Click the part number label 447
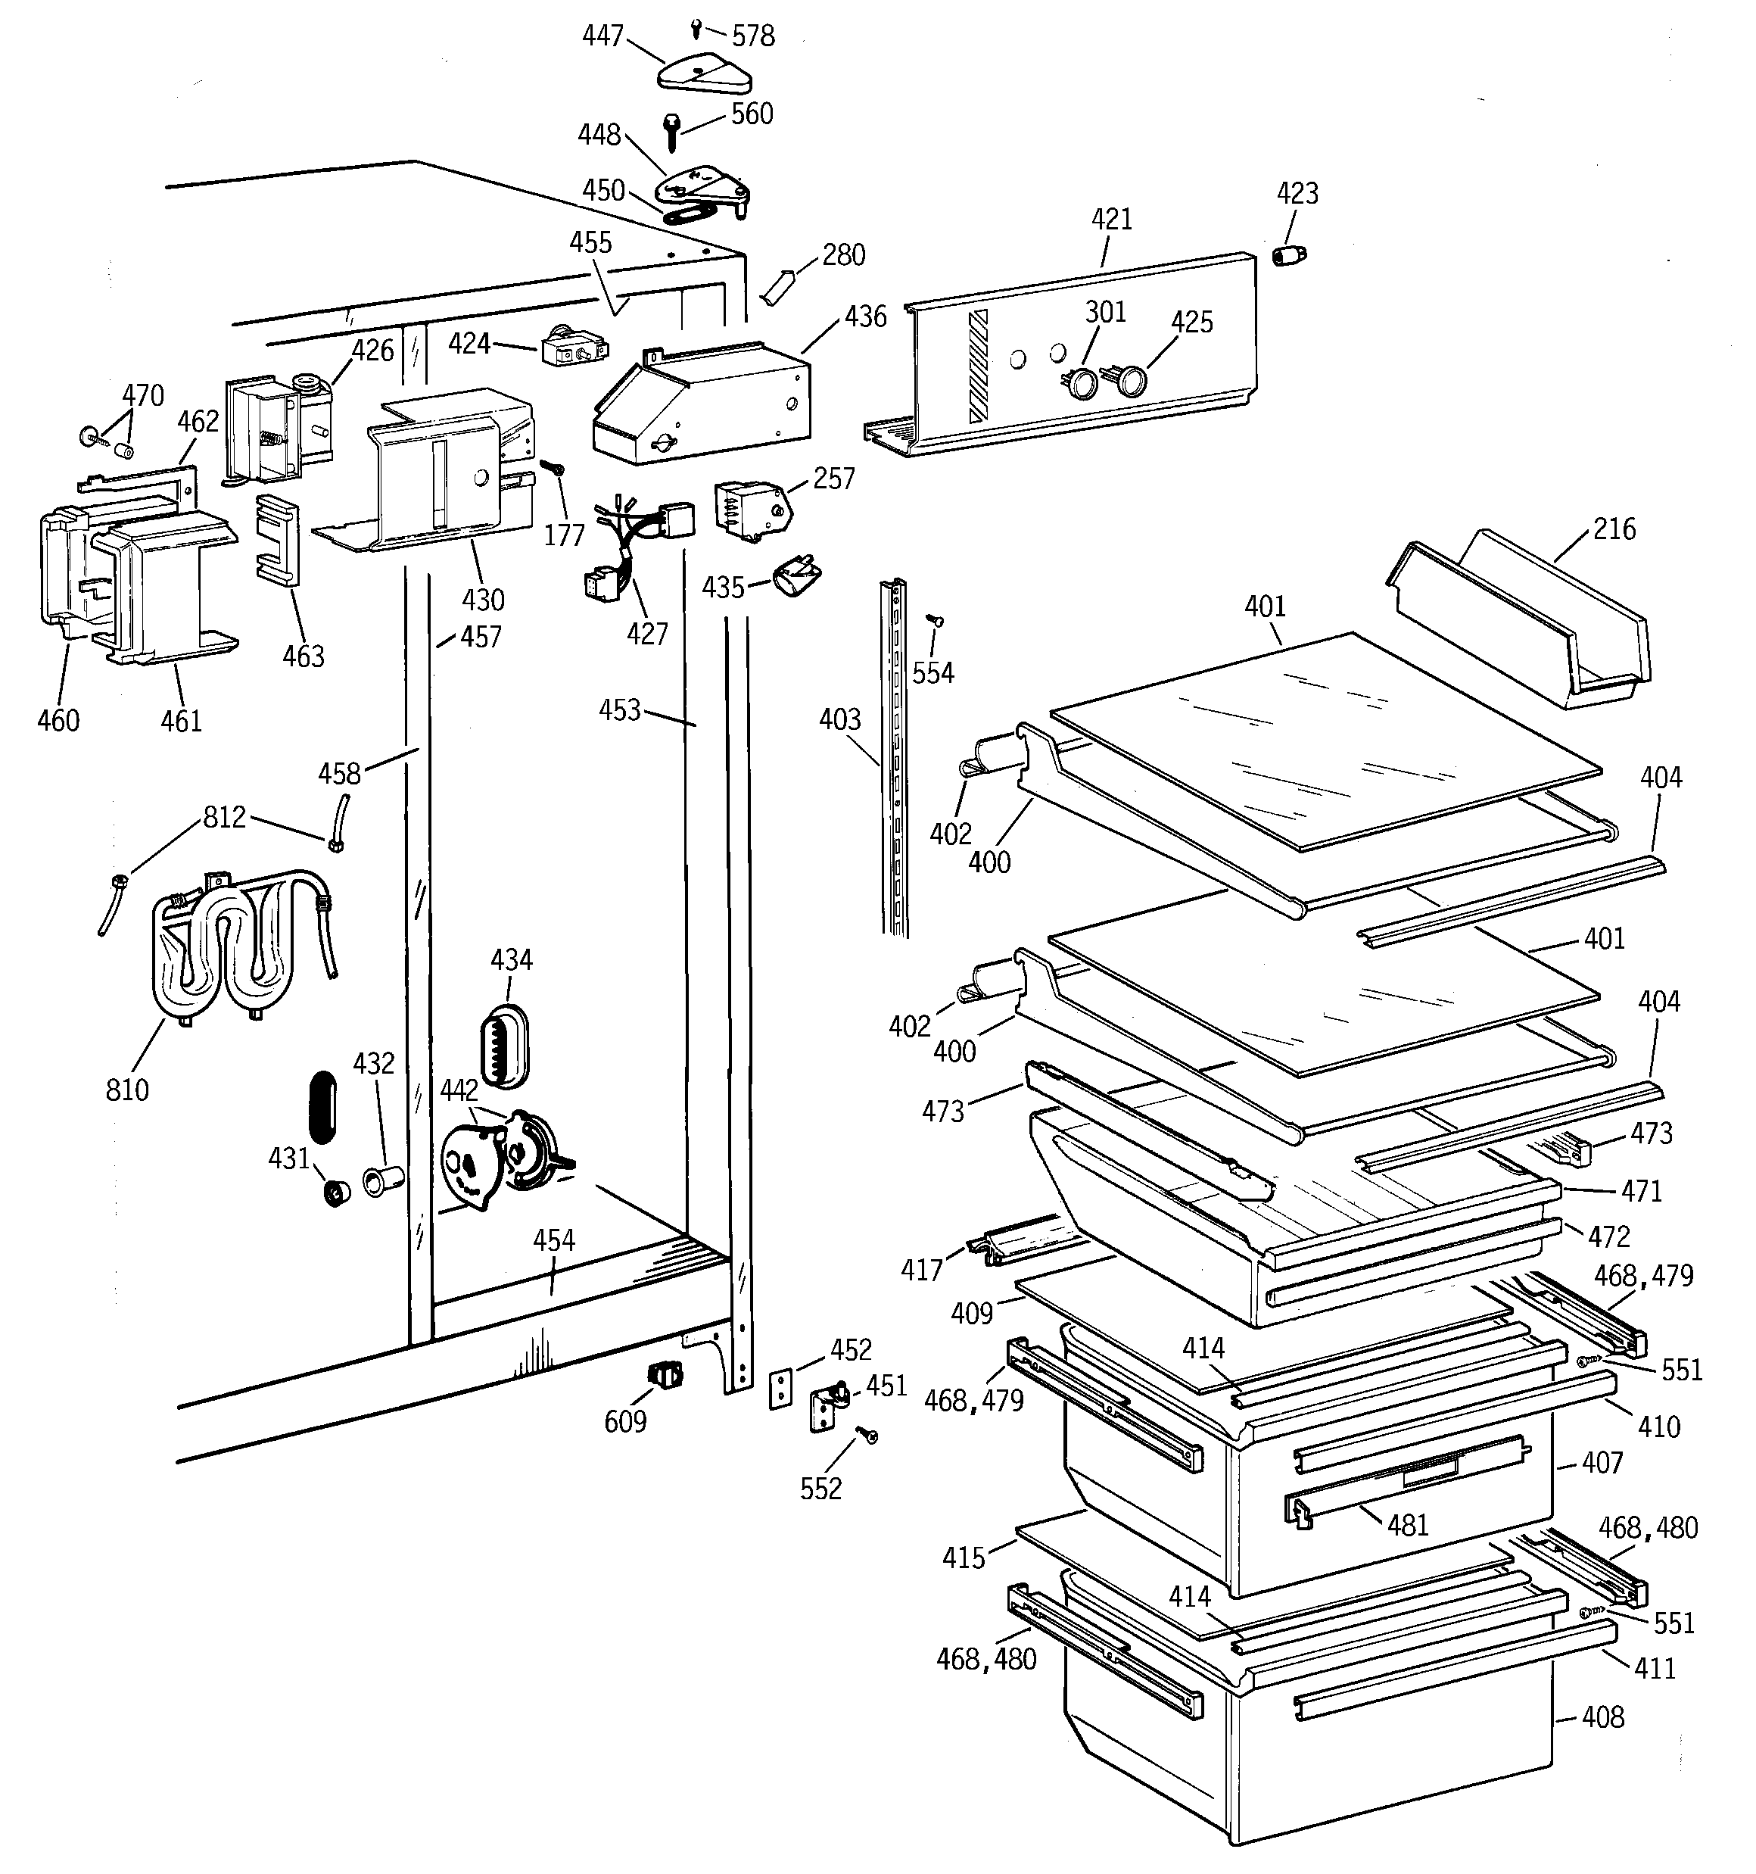(x=602, y=36)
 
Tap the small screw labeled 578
(x=696, y=27)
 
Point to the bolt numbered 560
(x=674, y=131)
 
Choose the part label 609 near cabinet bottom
(x=625, y=1421)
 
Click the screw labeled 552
(x=867, y=1434)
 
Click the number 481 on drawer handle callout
(x=1408, y=1524)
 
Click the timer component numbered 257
(x=752, y=509)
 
